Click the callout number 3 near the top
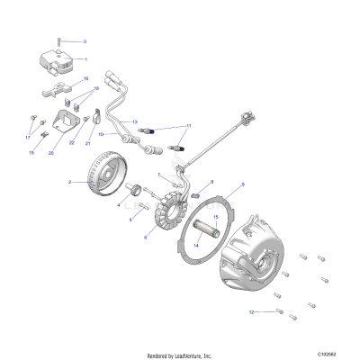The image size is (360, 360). point(85,41)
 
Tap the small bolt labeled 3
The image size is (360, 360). point(59,40)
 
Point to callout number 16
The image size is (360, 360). point(85,79)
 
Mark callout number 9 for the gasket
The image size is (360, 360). point(241,184)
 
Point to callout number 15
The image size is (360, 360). point(215,218)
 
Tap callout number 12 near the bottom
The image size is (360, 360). point(253,311)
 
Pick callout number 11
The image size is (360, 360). point(189,126)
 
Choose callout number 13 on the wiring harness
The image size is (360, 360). point(134,121)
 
